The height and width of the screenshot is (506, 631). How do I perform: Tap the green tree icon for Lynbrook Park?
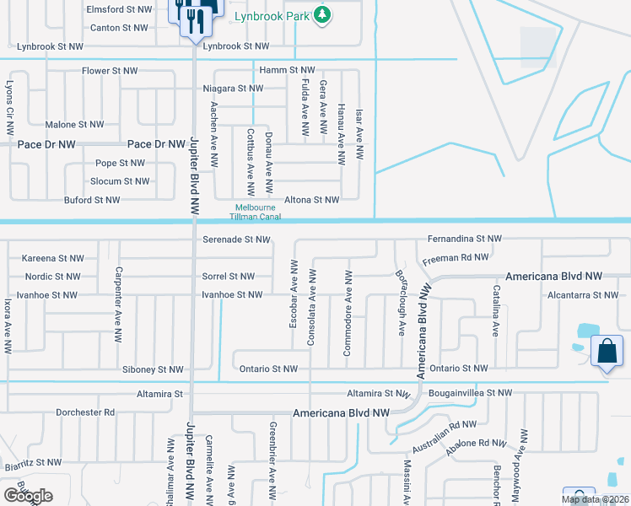[x=321, y=14]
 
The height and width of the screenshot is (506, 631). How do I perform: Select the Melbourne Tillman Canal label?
[x=257, y=213]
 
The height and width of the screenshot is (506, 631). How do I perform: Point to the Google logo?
[x=28, y=496]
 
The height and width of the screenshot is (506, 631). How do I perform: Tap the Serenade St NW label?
[x=236, y=240]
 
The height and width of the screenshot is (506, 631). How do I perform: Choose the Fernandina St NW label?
[x=464, y=240]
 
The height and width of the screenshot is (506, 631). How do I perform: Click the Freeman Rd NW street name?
[x=455, y=257]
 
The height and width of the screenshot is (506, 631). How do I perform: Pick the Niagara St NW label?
[x=233, y=89]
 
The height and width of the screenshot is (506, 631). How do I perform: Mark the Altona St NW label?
[x=311, y=200]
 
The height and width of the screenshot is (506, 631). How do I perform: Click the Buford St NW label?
[x=92, y=200]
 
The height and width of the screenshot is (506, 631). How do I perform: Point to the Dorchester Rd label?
[x=84, y=412]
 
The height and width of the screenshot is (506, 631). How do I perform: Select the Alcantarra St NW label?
[x=582, y=295]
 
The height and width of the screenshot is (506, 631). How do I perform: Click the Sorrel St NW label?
[x=228, y=276]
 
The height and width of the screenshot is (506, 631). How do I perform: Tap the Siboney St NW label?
[x=153, y=369]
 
